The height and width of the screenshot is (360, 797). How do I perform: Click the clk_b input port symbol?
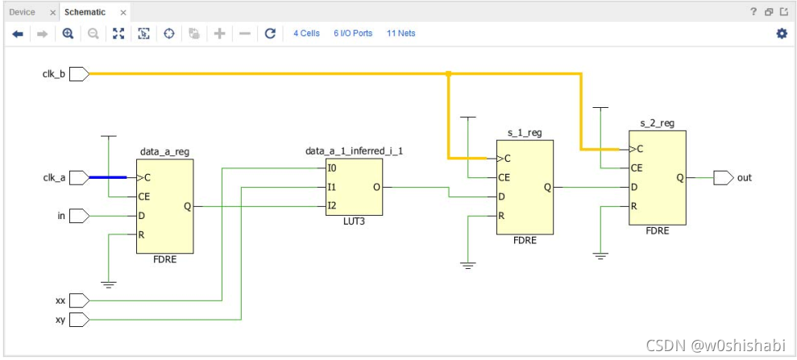tap(79, 74)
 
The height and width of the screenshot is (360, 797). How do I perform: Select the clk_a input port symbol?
tap(79, 178)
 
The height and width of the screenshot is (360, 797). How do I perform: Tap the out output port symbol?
tap(724, 178)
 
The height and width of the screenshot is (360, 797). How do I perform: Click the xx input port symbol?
tap(79, 300)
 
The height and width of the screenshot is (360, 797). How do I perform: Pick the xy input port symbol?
tap(79, 320)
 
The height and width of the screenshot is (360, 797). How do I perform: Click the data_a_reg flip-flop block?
tap(164, 206)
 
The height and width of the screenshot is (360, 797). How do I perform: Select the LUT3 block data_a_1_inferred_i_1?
tap(355, 188)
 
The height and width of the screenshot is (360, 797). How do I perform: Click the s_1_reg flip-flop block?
tap(525, 188)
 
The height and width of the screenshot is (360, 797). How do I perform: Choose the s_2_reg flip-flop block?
tap(658, 178)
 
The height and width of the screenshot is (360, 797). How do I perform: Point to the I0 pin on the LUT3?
tap(331, 168)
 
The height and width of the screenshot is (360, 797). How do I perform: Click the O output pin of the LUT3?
tap(376, 188)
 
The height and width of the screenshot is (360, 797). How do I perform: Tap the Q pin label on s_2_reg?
tap(679, 178)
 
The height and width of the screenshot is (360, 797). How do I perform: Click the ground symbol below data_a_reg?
tap(108, 284)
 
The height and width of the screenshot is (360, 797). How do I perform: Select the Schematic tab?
tap(85, 12)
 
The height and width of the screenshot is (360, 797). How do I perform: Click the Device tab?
tap(23, 12)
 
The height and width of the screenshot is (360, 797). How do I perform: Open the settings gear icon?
tap(782, 34)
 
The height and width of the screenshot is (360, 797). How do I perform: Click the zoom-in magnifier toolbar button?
tap(68, 34)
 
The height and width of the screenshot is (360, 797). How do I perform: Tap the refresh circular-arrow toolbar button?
tap(271, 34)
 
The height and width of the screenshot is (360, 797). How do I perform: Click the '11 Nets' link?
tap(401, 34)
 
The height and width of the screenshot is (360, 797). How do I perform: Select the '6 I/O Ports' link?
tap(353, 34)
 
